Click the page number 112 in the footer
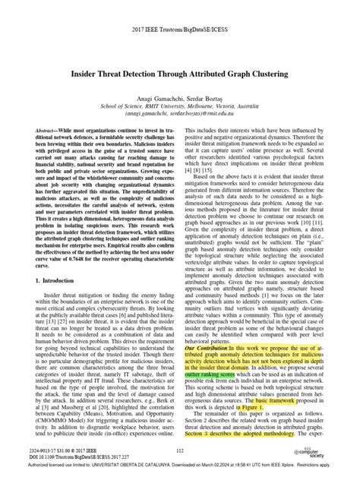pos(180,452)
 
